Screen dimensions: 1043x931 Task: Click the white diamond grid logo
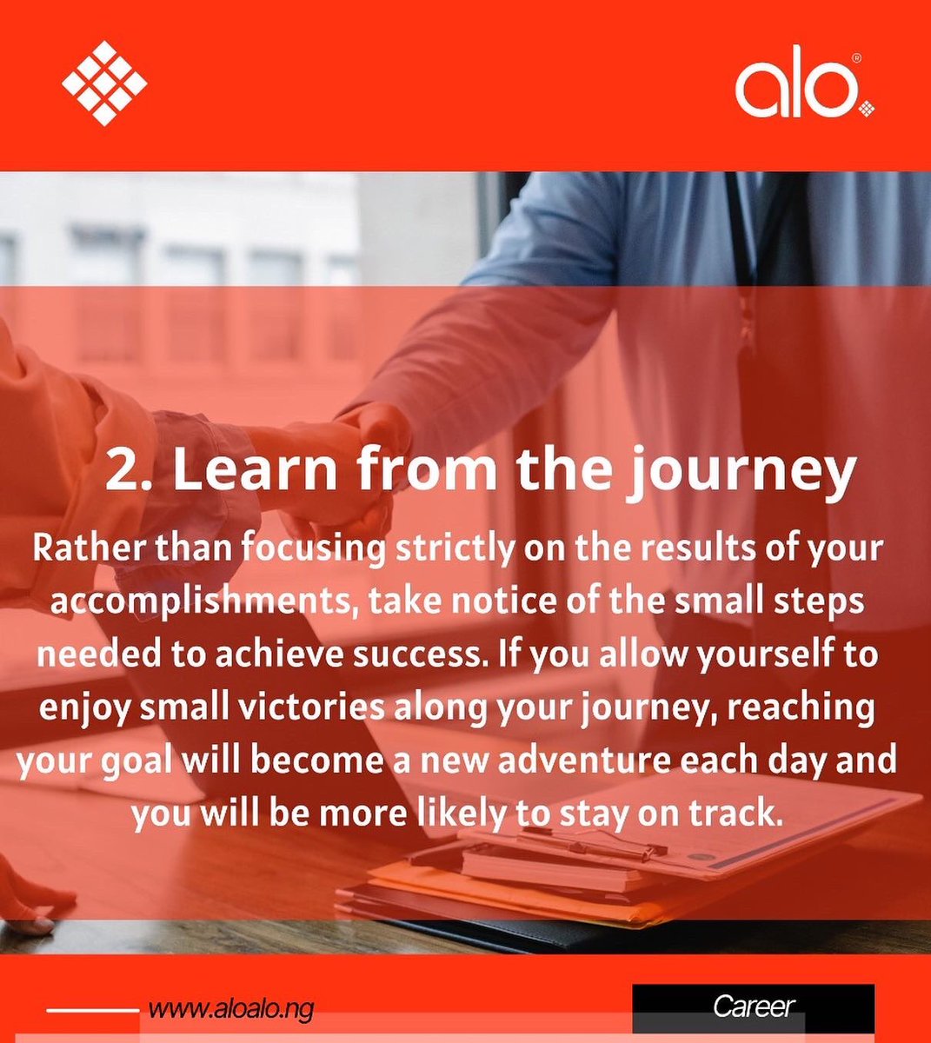pos(104,83)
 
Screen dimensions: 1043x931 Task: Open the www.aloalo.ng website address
pos(230,1009)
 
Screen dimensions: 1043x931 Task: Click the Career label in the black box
pos(754,1006)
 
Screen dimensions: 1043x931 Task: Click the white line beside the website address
pos(92,1010)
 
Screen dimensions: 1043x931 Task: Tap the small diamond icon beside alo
pos(866,109)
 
